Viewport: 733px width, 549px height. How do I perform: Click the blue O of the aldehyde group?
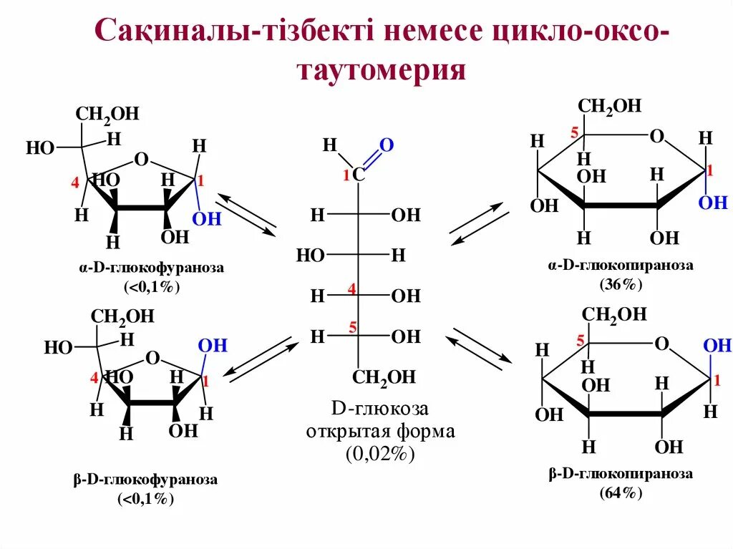[387, 145]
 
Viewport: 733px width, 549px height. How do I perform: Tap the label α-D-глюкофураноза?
[152, 268]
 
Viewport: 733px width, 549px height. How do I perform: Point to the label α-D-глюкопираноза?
[621, 266]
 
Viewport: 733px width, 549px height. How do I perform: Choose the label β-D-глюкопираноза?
[621, 474]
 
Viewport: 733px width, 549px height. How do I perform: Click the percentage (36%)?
[621, 284]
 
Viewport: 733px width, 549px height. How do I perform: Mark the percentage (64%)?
[621, 492]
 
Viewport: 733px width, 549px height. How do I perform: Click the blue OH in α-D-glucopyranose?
[712, 203]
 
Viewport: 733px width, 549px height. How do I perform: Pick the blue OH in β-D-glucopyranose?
[717, 346]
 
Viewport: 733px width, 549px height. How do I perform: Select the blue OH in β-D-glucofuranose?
[213, 346]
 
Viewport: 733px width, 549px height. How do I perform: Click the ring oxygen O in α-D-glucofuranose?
[141, 159]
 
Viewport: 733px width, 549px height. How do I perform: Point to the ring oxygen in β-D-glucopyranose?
[661, 345]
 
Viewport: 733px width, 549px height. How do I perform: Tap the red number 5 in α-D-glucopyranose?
[573, 132]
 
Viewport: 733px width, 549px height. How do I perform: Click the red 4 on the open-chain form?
[351, 288]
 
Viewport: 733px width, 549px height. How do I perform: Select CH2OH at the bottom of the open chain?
[384, 378]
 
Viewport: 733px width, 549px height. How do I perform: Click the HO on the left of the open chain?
[311, 255]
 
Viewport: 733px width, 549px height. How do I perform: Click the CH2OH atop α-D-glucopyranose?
[610, 107]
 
